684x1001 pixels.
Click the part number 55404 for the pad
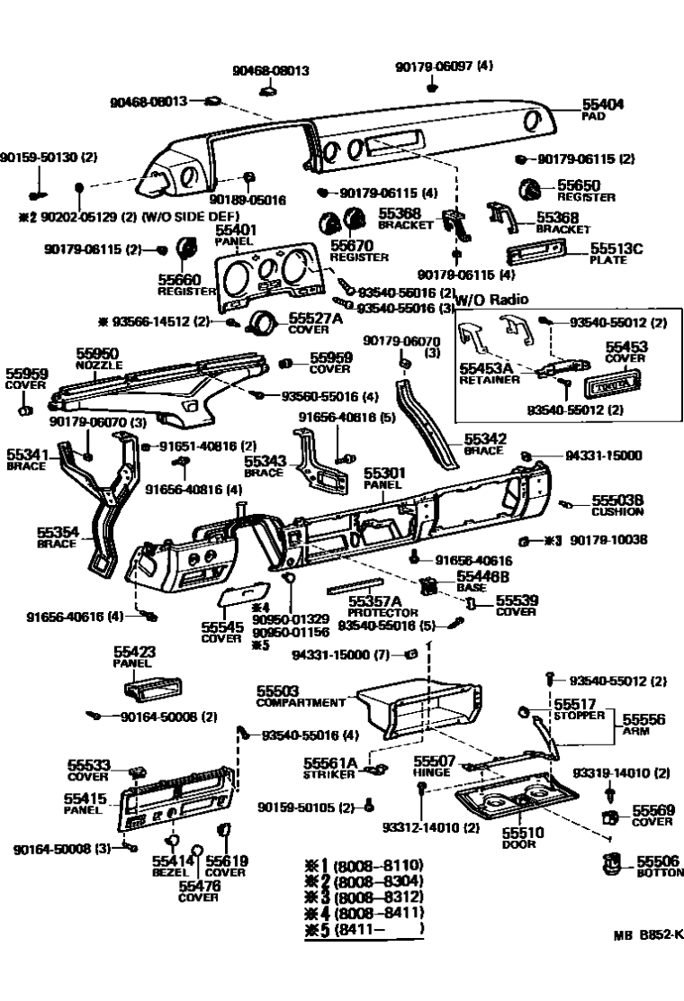[x=603, y=104]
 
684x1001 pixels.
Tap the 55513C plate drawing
[x=538, y=254]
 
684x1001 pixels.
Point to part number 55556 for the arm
[x=643, y=719]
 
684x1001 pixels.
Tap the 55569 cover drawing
[x=610, y=818]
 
